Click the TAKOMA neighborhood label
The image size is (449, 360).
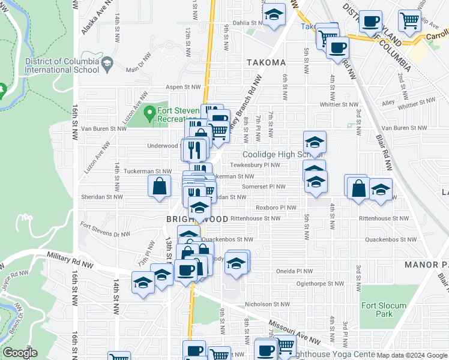[265, 62]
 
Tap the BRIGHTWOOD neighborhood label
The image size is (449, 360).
[197, 220]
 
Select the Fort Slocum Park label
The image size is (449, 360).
[377, 309]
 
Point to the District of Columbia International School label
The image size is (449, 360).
[62, 65]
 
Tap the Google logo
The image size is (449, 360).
[20, 353]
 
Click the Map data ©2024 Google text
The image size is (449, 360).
[412, 355]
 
